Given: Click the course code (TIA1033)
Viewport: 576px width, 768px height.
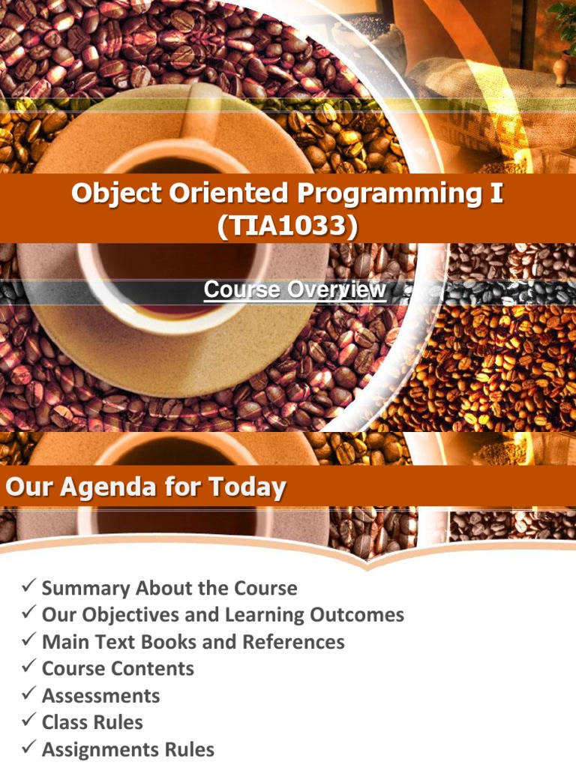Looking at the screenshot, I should coord(288,224).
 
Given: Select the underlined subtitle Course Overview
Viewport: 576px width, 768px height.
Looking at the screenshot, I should coord(295,289).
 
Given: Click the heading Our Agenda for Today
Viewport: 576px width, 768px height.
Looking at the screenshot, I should coord(145,488).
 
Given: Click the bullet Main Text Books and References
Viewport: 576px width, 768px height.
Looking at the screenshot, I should coord(193,642).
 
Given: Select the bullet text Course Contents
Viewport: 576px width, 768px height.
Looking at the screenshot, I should coord(118,669).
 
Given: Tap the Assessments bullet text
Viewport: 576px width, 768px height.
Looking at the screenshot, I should coord(100,696).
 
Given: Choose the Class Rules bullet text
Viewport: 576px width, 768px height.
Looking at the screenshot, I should coord(92,723).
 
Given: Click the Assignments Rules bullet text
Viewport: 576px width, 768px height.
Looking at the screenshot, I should coord(127,750).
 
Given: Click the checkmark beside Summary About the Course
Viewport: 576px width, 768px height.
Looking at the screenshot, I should coord(29,587).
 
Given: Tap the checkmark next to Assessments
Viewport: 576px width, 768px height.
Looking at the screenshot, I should coord(29,695).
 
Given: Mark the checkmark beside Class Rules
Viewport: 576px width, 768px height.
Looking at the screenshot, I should coord(29,722).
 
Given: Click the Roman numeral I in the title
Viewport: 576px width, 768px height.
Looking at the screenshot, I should coord(496,193).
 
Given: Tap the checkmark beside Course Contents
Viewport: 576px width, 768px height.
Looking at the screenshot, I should coord(29,668).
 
